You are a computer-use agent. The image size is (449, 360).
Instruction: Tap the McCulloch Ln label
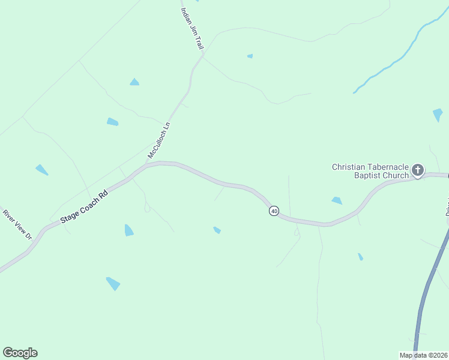(x=160, y=140)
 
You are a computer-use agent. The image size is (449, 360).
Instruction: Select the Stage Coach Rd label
(x=85, y=208)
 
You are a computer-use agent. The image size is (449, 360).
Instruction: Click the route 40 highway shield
(x=274, y=211)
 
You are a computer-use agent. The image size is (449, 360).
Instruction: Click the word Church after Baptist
(x=396, y=175)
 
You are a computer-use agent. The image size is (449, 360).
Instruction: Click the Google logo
(x=20, y=353)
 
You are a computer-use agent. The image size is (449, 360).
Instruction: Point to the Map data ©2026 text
(x=423, y=355)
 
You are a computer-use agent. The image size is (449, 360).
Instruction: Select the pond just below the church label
(x=337, y=200)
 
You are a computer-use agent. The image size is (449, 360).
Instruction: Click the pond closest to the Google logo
(x=113, y=283)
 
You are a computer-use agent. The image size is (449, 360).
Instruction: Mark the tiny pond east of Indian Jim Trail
(x=250, y=56)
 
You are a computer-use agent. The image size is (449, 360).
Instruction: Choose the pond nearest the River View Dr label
(x=41, y=169)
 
